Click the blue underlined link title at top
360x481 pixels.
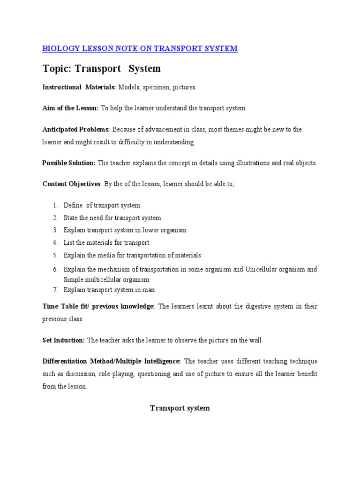pyautogui.click(x=140, y=48)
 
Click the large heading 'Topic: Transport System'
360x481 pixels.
pyautogui.click(x=101, y=69)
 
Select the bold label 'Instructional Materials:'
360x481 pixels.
pyautogui.click(x=79, y=87)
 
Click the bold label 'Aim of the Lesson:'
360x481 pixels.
pyautogui.click(x=70, y=108)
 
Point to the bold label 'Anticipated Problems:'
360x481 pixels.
pyautogui.click(x=76, y=129)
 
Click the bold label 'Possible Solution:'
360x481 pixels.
pyautogui.click(x=69, y=163)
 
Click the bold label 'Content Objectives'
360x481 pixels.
pyautogui.click(x=71, y=184)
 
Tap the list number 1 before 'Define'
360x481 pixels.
pyautogui.click(x=55, y=205)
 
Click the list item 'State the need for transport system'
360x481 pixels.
pyautogui.click(x=112, y=218)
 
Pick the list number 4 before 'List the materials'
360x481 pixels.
pyautogui.click(x=55, y=243)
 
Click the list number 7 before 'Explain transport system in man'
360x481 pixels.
pyautogui.click(x=55, y=290)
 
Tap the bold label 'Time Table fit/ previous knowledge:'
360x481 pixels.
pyautogui.click(x=98, y=306)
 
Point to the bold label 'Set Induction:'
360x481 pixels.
pyautogui.click(x=64, y=340)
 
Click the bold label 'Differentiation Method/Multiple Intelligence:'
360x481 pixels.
pyautogui.click(x=112, y=361)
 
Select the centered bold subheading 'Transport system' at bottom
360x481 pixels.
pyautogui.click(x=180, y=408)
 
